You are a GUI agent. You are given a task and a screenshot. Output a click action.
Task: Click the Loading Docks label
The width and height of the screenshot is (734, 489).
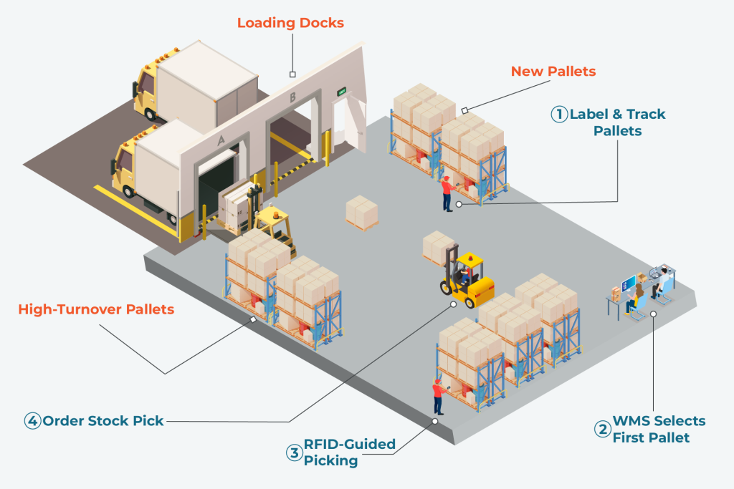click(x=290, y=23)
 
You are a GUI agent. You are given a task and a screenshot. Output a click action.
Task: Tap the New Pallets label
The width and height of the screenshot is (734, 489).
click(x=553, y=72)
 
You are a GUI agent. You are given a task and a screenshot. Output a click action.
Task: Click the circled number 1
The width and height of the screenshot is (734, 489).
click(x=558, y=115)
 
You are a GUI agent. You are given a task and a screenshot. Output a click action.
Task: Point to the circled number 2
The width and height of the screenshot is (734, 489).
click(x=602, y=429)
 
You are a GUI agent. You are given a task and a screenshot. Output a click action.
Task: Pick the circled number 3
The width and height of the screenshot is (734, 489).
click(x=294, y=452)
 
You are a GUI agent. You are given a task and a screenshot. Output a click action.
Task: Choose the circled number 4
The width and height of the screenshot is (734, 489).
click(x=32, y=421)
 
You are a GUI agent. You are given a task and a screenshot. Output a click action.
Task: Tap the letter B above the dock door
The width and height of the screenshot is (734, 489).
click(x=292, y=97)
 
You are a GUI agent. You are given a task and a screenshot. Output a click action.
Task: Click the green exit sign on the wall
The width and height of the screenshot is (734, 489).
click(x=343, y=90)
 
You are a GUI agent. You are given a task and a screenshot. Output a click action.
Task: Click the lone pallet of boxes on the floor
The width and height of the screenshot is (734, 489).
click(x=361, y=213)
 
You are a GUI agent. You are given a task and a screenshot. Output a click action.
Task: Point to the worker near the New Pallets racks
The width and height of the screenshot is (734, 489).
click(x=447, y=192)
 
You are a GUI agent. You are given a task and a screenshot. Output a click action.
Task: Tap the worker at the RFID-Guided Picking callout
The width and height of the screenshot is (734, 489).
click(x=437, y=396)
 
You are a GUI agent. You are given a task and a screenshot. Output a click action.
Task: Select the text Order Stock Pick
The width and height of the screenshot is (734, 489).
click(x=103, y=421)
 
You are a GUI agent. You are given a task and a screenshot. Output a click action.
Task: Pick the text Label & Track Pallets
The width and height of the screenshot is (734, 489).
click(x=617, y=122)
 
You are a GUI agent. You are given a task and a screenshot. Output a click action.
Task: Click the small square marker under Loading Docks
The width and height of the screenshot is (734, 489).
click(x=292, y=74)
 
